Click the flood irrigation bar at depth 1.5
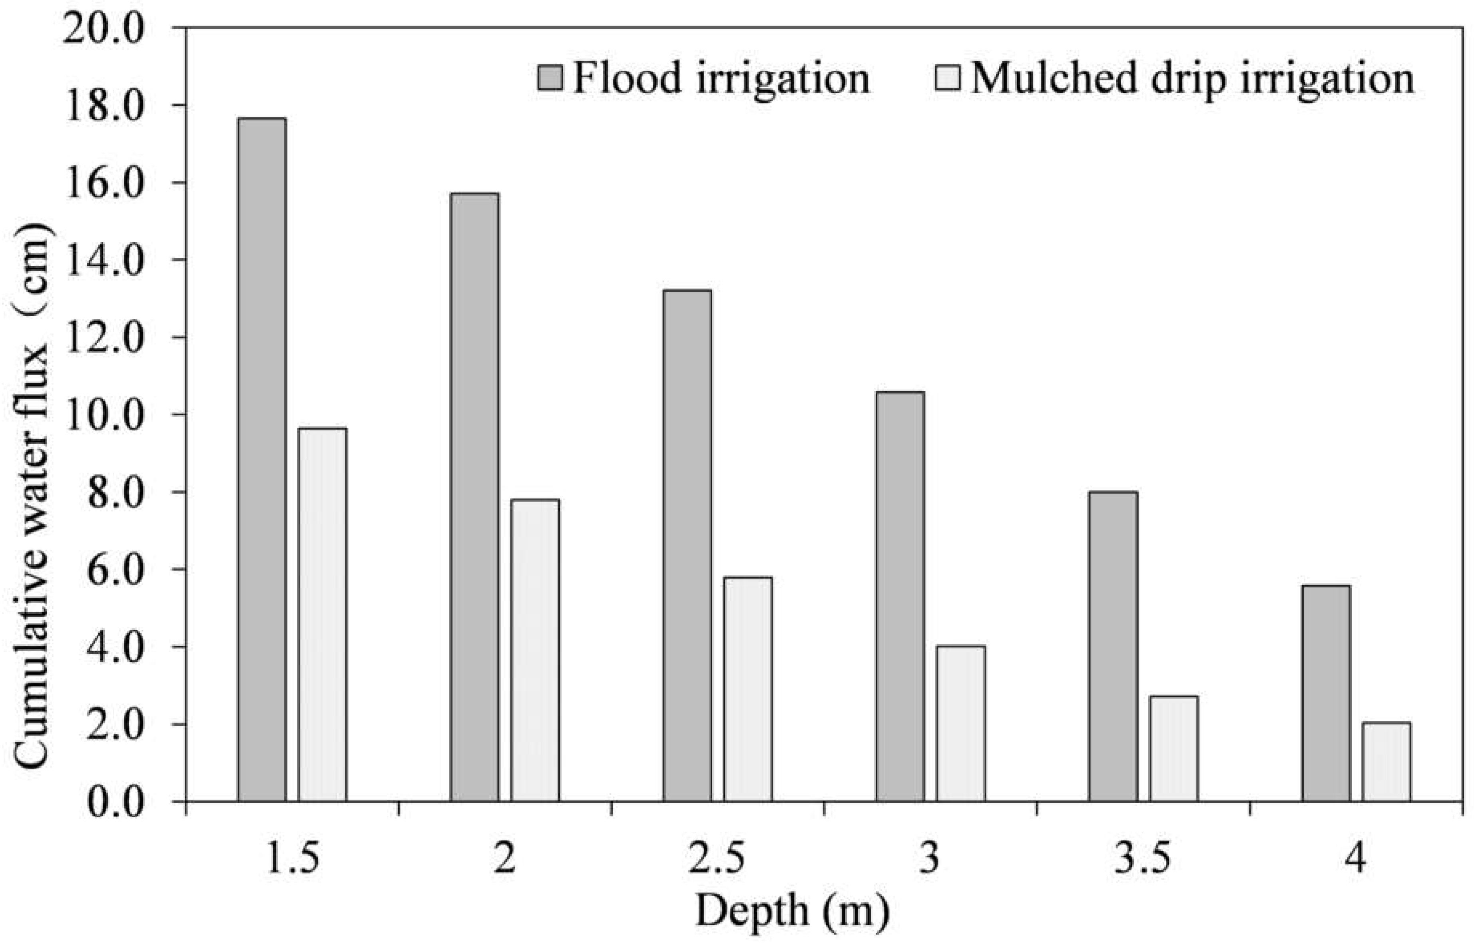tap(262, 460)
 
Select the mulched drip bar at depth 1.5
tap(323, 615)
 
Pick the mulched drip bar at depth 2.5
tap(748, 689)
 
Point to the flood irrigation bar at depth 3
tap(900, 596)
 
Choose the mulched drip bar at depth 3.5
tap(1173, 749)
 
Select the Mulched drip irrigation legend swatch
tap(948, 78)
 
